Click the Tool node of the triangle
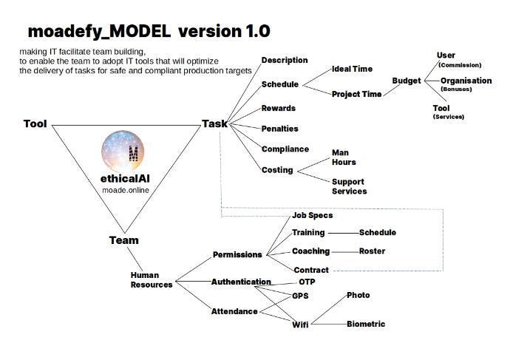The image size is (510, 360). [35, 123]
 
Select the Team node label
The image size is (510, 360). [123, 240]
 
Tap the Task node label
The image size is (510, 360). [215, 123]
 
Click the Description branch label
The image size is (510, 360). [285, 60]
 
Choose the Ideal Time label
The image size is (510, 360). [352, 69]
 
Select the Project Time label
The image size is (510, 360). [356, 94]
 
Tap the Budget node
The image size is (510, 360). [407, 81]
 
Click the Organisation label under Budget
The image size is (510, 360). [466, 81]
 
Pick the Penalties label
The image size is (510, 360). [280, 129]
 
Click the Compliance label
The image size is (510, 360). [285, 149]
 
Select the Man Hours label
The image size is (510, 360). [344, 157]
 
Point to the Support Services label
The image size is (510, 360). [349, 186]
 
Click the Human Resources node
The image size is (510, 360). [152, 279]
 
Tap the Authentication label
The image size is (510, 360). [242, 282]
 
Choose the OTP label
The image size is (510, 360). [307, 282]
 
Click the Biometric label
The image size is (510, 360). [366, 324]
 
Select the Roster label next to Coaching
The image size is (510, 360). [373, 251]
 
